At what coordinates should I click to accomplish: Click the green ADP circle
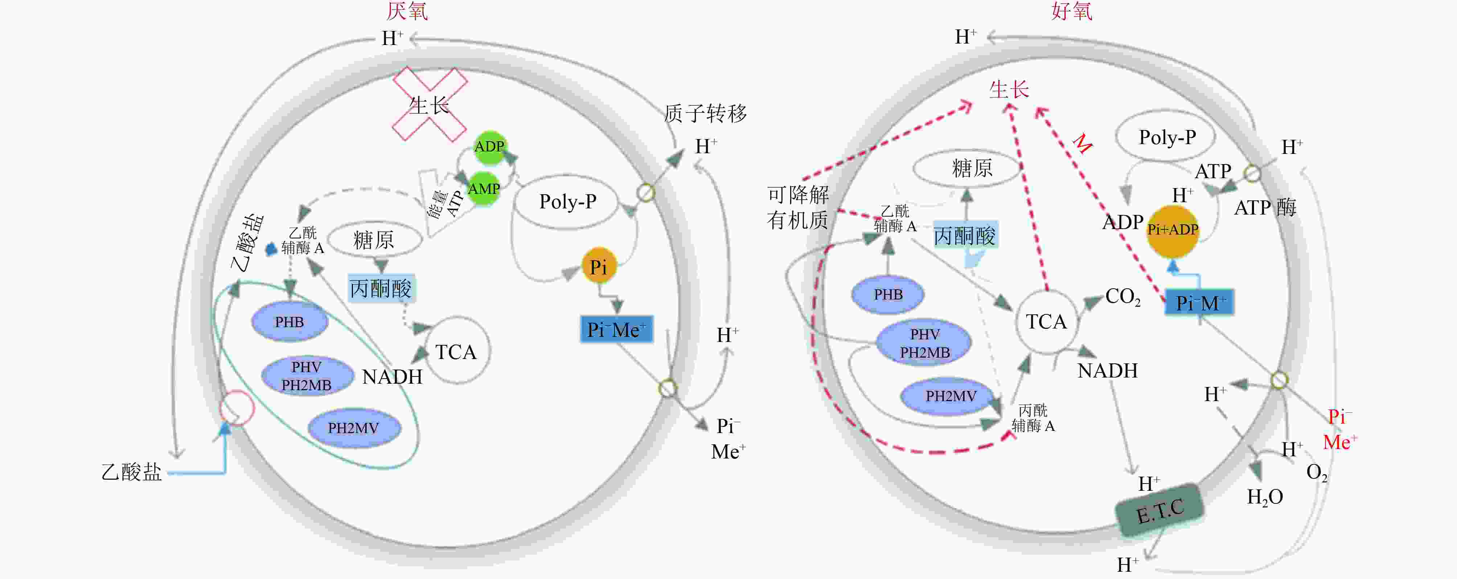click(x=489, y=147)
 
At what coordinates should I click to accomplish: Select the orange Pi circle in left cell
click(x=598, y=266)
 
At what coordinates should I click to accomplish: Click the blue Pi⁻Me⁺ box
click(x=616, y=329)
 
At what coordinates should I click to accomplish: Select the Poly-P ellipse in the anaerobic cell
click(x=567, y=202)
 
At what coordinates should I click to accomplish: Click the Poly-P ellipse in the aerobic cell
click(x=1167, y=137)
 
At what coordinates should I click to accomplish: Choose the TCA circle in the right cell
click(x=1046, y=322)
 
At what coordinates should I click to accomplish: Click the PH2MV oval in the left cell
click(x=353, y=428)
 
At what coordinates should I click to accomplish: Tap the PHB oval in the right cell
click(x=888, y=294)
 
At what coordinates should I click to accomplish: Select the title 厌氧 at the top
click(x=407, y=11)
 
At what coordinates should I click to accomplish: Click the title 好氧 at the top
click(x=1071, y=11)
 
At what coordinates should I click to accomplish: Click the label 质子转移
click(x=705, y=114)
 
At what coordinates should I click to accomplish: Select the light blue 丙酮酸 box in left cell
click(x=381, y=289)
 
